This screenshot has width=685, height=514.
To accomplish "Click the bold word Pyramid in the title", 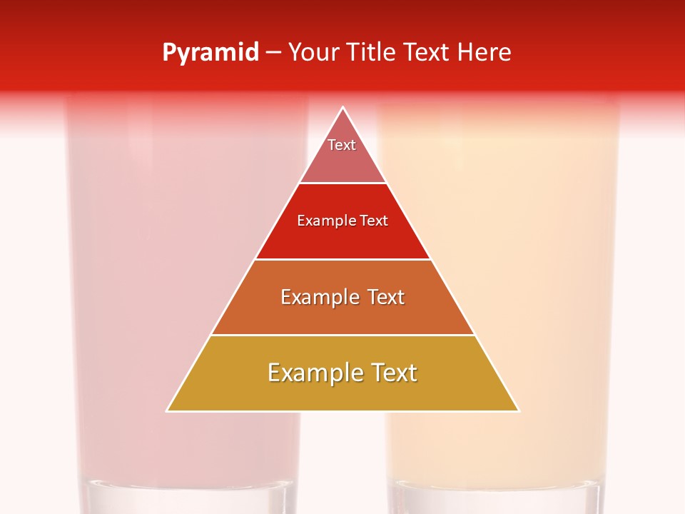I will pos(210,53).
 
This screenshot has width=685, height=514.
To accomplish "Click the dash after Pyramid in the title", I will pos(273,53).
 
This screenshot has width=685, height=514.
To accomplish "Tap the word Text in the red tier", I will pos(374,221).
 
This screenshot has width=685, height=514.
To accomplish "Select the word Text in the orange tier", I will pos(382,297).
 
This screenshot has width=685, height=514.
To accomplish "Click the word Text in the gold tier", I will pos(393,373).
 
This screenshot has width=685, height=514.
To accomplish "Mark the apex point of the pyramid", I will pos(342,108).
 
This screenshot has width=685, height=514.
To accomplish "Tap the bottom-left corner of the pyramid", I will pos(168,410).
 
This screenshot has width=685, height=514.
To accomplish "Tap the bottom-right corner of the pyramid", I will pos(518,410).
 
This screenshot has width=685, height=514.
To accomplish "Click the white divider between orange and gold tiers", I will pos(342,335).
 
